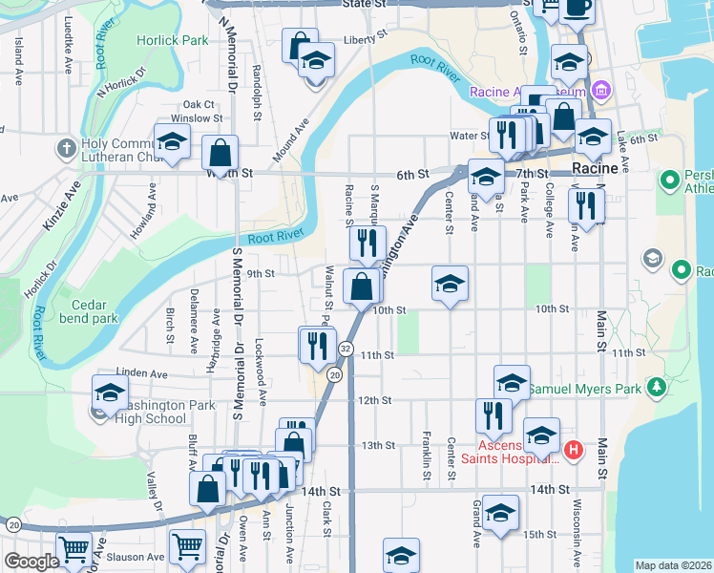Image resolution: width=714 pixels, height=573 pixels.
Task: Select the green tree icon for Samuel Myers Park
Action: [x=656, y=388]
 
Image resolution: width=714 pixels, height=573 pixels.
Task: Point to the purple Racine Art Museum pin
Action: [x=600, y=93]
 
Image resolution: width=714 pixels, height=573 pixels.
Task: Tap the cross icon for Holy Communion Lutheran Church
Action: [x=66, y=148]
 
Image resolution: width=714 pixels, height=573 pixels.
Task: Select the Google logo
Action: [x=31, y=562]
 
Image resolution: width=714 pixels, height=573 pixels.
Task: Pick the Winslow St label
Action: [x=202, y=119]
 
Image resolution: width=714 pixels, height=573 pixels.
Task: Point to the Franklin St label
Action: [x=425, y=449]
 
